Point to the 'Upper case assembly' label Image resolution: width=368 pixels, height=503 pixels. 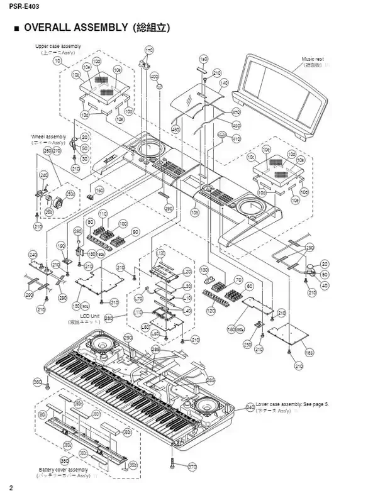pos(58,47)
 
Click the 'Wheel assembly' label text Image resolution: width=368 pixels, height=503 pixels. pos(48,136)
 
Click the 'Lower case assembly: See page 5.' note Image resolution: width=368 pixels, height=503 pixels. pos(292,404)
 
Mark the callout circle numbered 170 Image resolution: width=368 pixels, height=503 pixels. pos(149,50)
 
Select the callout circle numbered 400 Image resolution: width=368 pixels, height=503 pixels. pos(153,75)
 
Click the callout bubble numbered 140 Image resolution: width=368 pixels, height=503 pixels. pos(223,83)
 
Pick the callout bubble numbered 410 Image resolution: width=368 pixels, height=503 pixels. pos(237,138)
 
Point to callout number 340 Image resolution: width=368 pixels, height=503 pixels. pos(250,407)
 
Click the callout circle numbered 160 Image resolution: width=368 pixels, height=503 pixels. pos(99,190)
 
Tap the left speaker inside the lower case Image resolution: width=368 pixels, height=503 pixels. pos(101,345)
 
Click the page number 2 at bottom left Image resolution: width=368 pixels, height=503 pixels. pos(11,488)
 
